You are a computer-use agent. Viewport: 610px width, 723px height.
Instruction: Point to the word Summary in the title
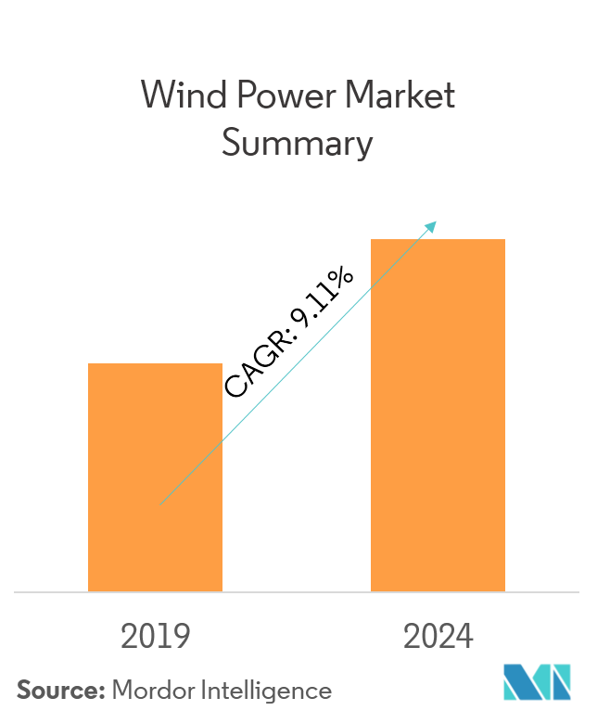(x=297, y=145)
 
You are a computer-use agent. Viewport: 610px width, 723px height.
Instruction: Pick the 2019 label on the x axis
(x=155, y=637)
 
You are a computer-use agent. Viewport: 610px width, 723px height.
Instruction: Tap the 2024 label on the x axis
(x=438, y=637)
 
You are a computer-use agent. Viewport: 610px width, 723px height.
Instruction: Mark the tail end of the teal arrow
(x=162, y=503)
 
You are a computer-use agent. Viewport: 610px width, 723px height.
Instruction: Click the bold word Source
(x=59, y=691)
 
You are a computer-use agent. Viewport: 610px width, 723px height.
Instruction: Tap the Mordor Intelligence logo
(x=538, y=682)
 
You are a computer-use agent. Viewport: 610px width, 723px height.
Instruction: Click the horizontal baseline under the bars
(x=297, y=591)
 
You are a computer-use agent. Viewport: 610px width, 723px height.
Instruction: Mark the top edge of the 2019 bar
(x=155, y=364)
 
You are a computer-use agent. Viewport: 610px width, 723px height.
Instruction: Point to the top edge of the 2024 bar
(x=438, y=240)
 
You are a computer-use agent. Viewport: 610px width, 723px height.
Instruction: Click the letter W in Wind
(x=156, y=96)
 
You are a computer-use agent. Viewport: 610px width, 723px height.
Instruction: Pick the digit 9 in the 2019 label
(x=181, y=637)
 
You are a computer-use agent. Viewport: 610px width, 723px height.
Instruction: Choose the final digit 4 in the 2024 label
(x=464, y=637)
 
